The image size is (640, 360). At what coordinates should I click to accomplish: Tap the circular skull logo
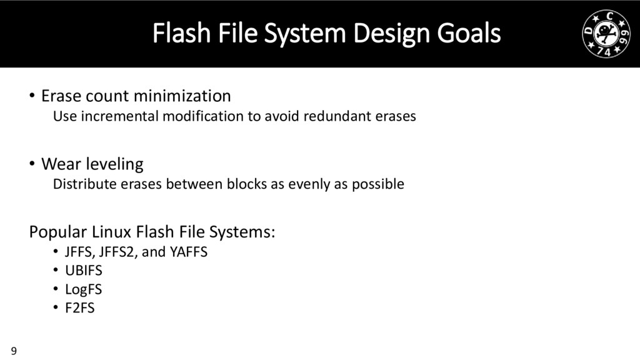point(604,34)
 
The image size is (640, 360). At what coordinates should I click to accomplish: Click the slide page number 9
point(14,349)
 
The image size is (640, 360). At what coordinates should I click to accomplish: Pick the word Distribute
point(81,184)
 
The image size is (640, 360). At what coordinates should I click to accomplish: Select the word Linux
point(114,232)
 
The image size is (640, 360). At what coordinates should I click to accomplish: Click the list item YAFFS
point(188,252)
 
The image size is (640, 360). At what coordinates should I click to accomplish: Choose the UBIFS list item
point(83,271)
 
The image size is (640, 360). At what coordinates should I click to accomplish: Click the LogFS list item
point(83,289)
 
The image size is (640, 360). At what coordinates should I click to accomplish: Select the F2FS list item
point(80,307)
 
